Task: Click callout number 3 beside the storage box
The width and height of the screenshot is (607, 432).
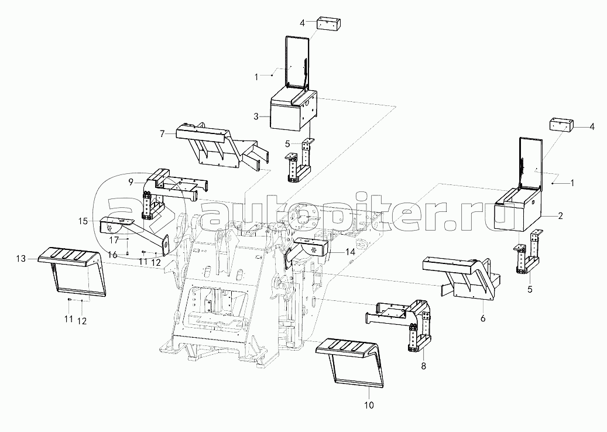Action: pyautogui.click(x=256, y=116)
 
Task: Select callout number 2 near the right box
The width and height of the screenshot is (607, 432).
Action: pyautogui.click(x=560, y=216)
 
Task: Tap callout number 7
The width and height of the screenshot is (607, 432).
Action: pyautogui.click(x=162, y=134)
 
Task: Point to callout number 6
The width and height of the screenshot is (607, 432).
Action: pyautogui.click(x=483, y=318)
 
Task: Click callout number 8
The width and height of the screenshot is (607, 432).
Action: pyautogui.click(x=424, y=366)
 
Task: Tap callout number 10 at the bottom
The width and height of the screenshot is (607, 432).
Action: pyautogui.click(x=369, y=405)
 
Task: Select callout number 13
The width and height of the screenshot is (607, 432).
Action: pyautogui.click(x=21, y=259)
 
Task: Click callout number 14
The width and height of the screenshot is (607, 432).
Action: pyautogui.click(x=351, y=252)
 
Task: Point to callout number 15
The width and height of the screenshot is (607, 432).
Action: pyautogui.click(x=83, y=221)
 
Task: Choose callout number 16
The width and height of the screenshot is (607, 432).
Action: pyautogui.click(x=112, y=255)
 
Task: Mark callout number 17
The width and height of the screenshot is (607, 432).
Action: pyautogui.click(x=114, y=240)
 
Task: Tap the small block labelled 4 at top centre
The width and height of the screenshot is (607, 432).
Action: pyautogui.click(x=328, y=23)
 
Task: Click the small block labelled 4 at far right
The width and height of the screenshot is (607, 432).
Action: pyautogui.click(x=561, y=126)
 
